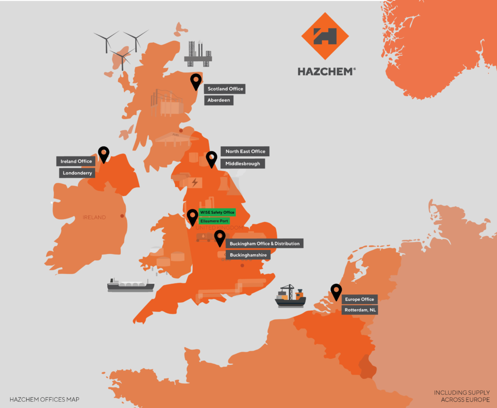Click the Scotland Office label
coord(225,89)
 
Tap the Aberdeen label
coord(218,101)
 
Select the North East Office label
coord(245,152)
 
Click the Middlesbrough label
coord(242,164)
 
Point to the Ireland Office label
coord(76,161)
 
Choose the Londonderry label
coord(77,173)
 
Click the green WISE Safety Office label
coord(217,212)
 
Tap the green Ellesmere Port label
coord(214,221)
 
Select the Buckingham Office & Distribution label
coord(265,243)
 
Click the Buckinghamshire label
coord(248,255)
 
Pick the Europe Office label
coord(360,299)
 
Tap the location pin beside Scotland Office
coord(196,82)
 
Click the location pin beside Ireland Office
coord(103,154)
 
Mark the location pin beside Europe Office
coord(336,292)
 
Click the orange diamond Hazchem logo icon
coord(325,36)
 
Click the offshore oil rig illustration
coord(198,53)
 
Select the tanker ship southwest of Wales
coord(131,285)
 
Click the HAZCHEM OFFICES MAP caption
coord(44,399)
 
